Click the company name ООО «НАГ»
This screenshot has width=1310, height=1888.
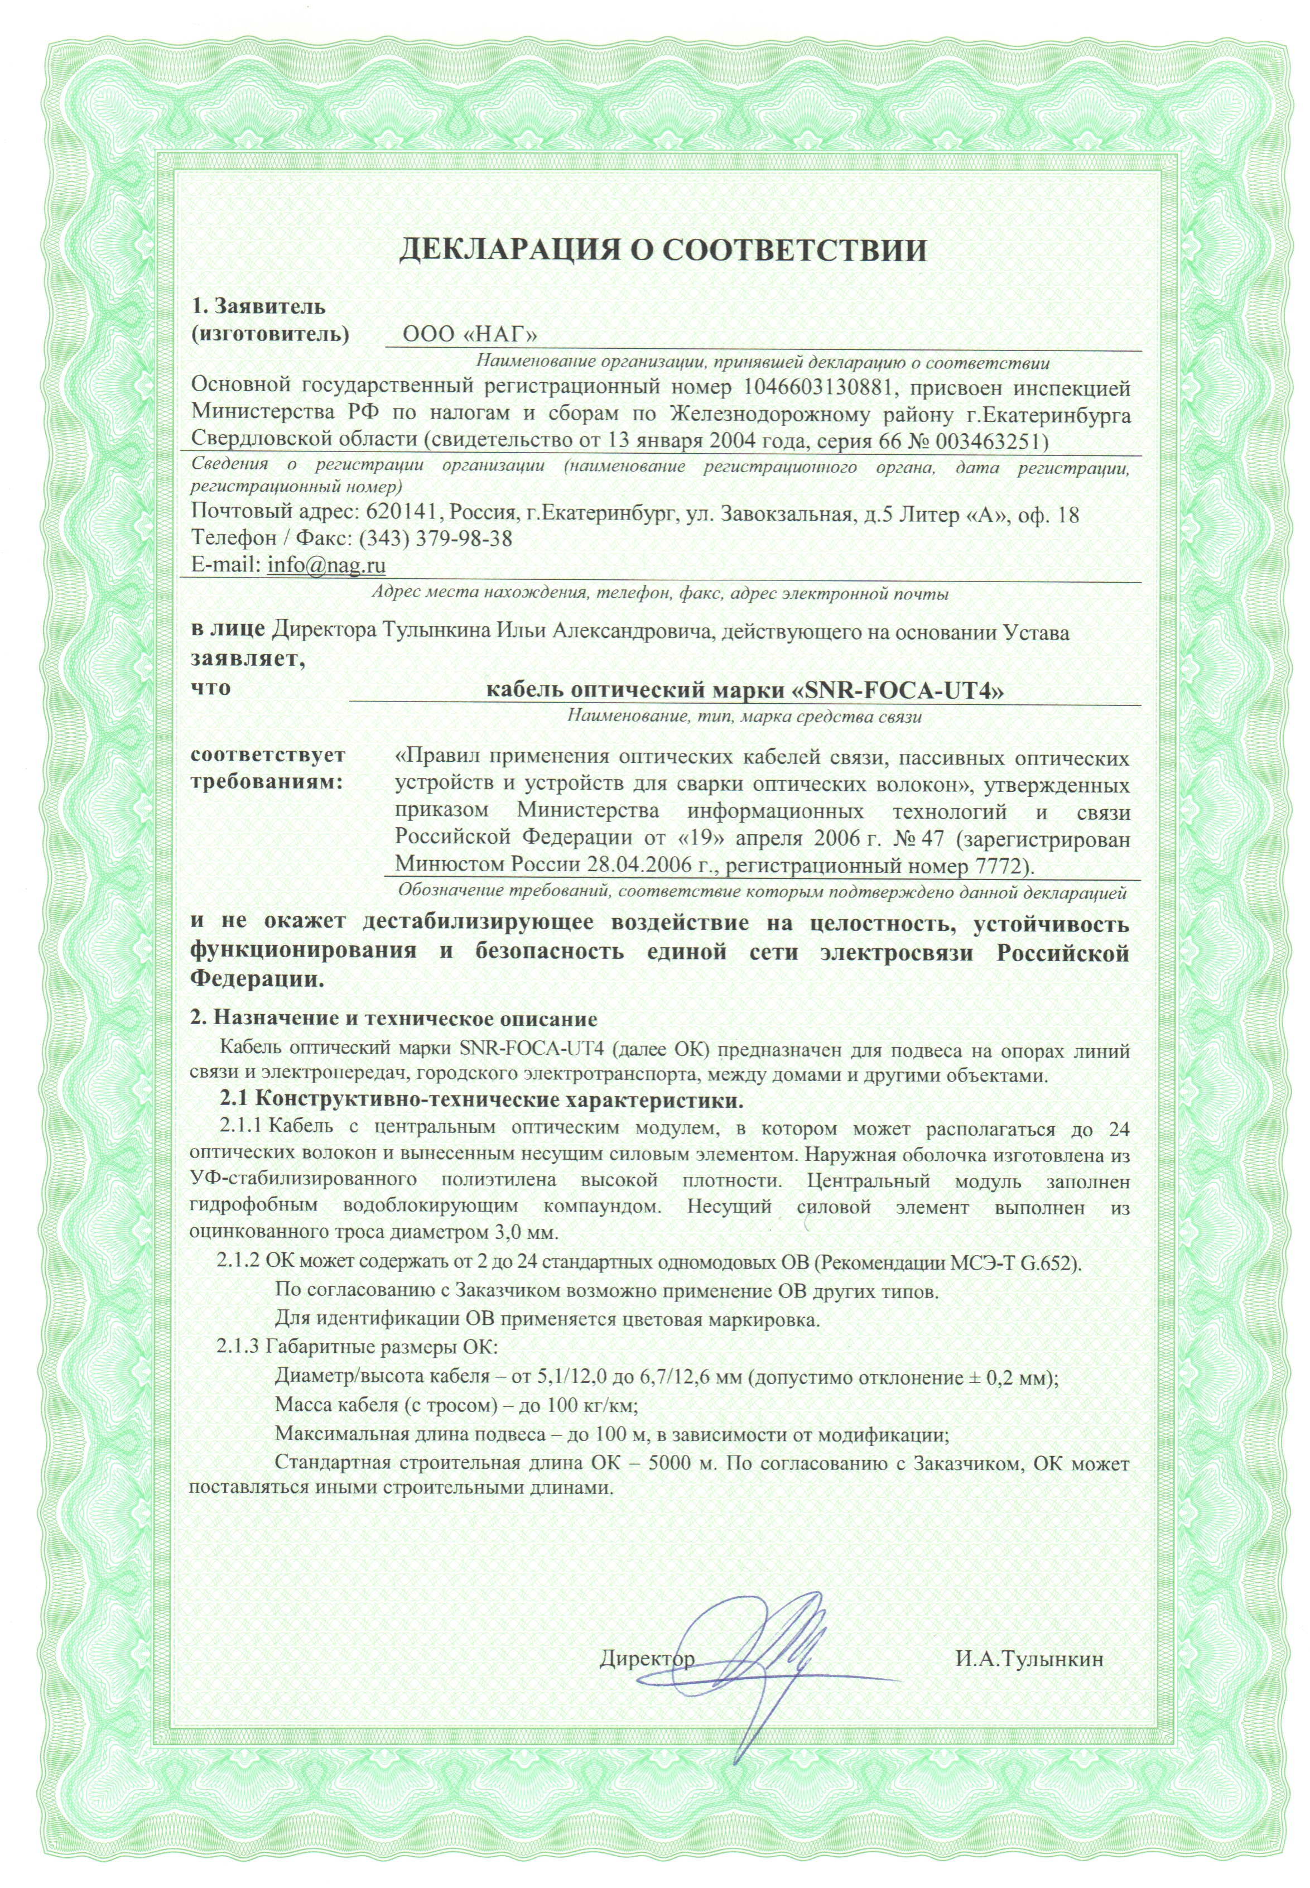(x=471, y=336)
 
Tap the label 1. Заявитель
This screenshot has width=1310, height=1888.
(x=258, y=307)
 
